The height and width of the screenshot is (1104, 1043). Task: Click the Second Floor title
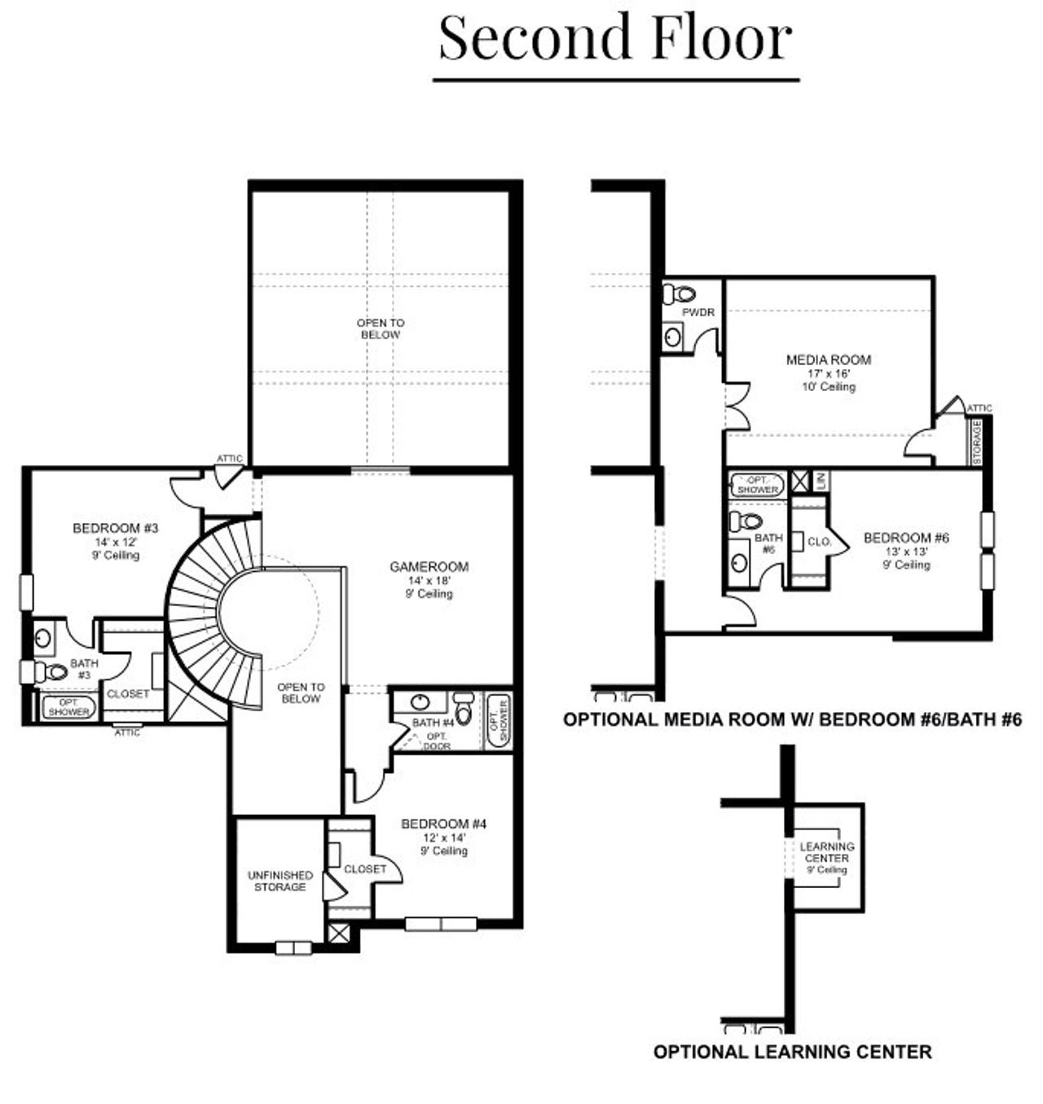point(615,38)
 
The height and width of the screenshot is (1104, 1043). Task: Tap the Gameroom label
point(429,567)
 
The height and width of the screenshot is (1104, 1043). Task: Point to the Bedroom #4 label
point(443,825)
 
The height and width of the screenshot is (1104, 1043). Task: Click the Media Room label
point(828,360)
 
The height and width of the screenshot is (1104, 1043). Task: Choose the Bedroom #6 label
point(906,539)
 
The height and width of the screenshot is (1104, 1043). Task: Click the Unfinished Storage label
point(279,881)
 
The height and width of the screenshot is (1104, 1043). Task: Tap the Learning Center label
point(827,852)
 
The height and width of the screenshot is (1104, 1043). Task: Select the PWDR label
point(698,312)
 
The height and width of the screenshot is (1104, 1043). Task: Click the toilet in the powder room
point(679,294)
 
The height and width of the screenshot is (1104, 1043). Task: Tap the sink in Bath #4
point(420,702)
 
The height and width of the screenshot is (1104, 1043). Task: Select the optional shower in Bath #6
point(757,485)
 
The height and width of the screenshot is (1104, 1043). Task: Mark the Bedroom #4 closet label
point(364,869)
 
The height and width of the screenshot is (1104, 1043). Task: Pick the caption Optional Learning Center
point(792,1052)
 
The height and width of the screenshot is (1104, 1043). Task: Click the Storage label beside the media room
point(977,442)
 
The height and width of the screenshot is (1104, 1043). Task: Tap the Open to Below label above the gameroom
point(381,329)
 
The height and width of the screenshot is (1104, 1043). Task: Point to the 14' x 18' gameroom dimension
point(429,581)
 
